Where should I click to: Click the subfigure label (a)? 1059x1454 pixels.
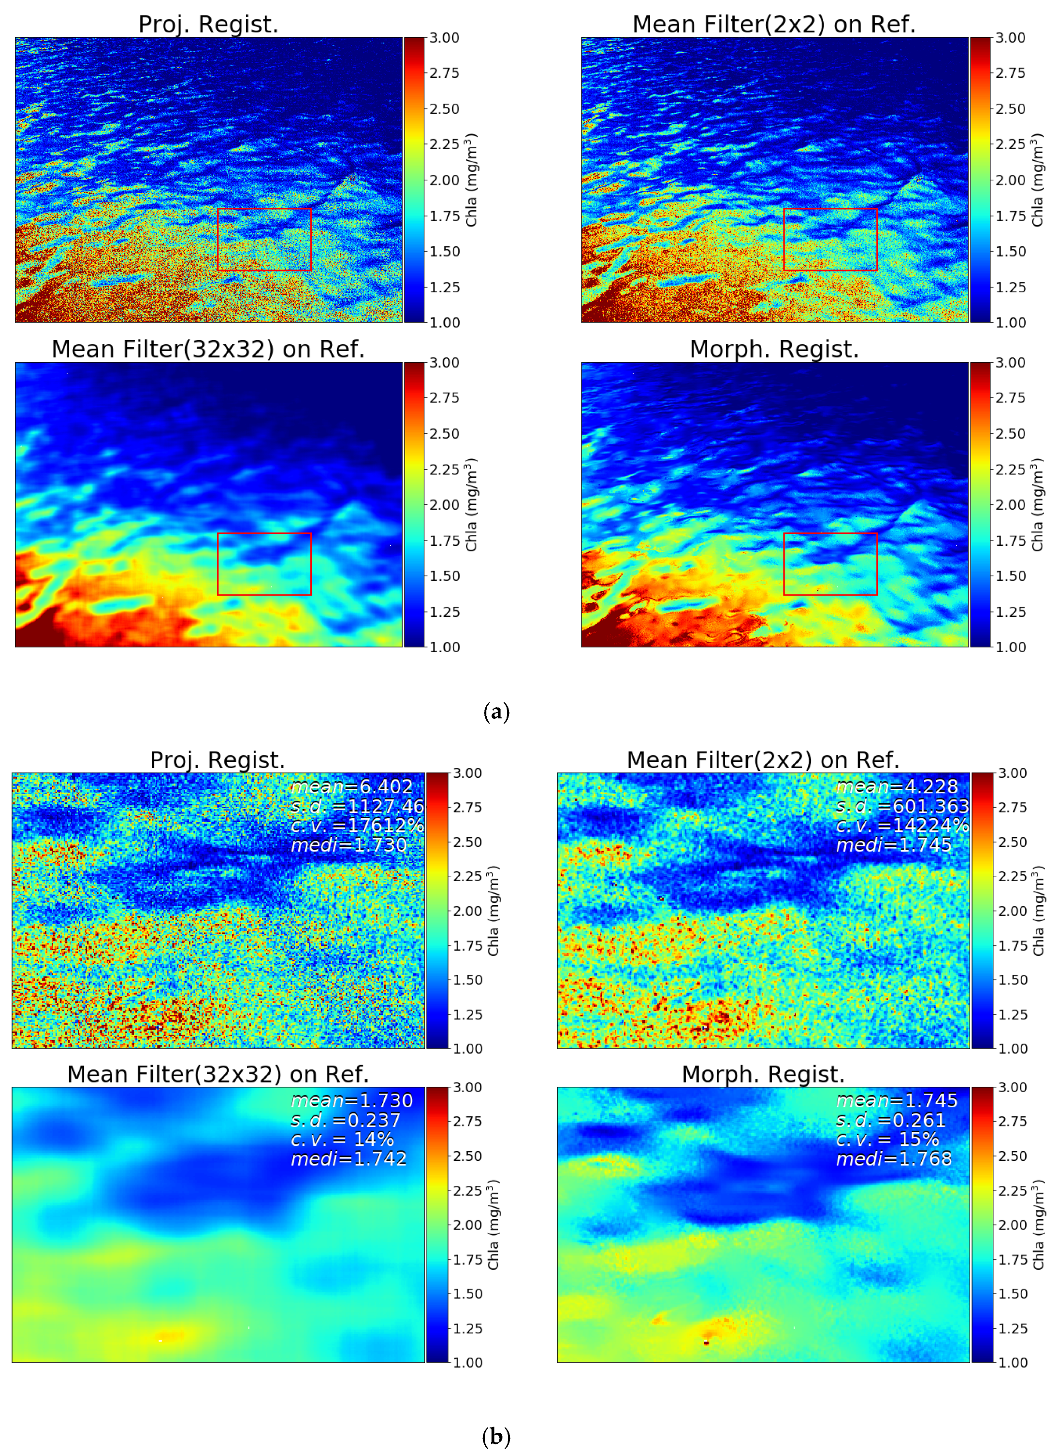point(496,712)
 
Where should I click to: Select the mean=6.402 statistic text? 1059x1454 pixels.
point(351,786)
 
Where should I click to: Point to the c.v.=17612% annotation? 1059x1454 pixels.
point(357,825)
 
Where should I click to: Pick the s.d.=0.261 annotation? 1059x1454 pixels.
point(890,1120)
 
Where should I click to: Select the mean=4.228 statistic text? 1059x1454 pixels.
point(897,786)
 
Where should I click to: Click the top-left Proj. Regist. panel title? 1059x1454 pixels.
point(208,24)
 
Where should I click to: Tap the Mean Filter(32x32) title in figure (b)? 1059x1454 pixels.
point(218,1074)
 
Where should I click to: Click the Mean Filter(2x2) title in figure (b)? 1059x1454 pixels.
point(763,760)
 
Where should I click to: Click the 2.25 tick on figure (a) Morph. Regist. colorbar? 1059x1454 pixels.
point(1010,469)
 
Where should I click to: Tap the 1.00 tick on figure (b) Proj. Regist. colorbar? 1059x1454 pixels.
point(467,1049)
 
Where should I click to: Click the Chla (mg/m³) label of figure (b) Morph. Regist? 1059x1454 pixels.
point(1038,1225)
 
